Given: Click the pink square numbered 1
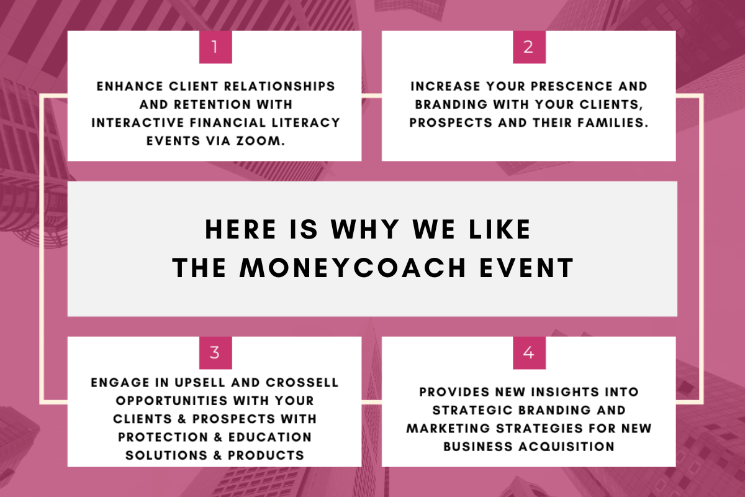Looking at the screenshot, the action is [x=215, y=47].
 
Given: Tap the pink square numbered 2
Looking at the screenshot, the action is [x=529, y=47].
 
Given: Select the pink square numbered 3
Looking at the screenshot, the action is [x=215, y=353].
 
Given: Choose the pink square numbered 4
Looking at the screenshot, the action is [x=529, y=353].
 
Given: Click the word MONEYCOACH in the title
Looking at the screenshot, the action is [x=353, y=268].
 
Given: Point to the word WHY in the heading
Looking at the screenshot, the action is [x=365, y=229].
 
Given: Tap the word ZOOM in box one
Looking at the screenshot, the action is [x=261, y=141].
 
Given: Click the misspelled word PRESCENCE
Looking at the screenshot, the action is [x=572, y=86].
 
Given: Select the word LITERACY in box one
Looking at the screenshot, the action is [x=305, y=123].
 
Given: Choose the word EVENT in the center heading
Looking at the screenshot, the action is [x=526, y=268].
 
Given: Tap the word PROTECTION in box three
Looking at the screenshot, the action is [x=163, y=437].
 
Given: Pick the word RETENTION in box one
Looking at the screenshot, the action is [x=212, y=104].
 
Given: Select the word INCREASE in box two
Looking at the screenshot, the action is [x=445, y=86].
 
